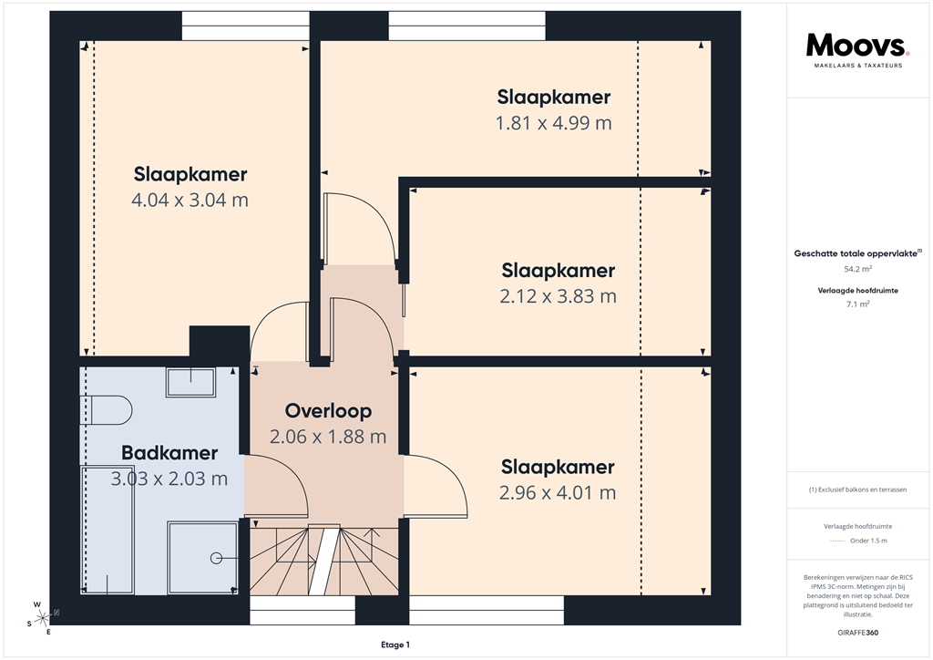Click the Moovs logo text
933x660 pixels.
click(856, 46)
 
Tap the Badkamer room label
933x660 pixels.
click(169, 453)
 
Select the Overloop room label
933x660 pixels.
click(328, 410)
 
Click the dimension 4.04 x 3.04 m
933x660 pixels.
click(190, 200)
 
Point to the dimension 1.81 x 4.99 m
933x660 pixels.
click(553, 123)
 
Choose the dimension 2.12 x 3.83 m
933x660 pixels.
click(558, 296)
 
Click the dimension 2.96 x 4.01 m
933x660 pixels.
click(558, 493)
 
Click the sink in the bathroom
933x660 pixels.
click(190, 381)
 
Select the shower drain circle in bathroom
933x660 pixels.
click(216, 557)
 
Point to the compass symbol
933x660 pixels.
click(39, 617)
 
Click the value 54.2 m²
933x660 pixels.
click(858, 269)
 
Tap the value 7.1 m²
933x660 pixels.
click(858, 304)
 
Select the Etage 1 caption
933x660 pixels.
click(395, 645)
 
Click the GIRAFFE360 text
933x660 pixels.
click(858, 633)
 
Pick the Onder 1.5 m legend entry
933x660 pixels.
click(867, 541)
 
